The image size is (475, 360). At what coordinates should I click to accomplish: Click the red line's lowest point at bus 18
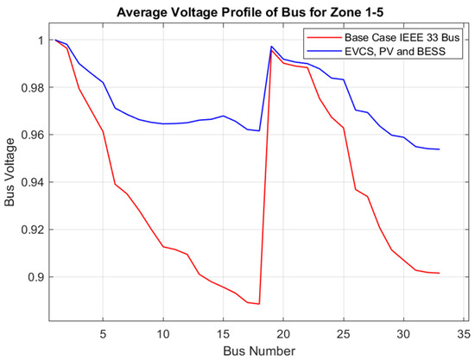click(259, 304)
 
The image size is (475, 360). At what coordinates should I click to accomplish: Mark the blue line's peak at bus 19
click(271, 47)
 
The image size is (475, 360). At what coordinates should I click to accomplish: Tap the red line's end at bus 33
click(439, 273)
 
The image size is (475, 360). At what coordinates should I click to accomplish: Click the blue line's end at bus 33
click(439, 149)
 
